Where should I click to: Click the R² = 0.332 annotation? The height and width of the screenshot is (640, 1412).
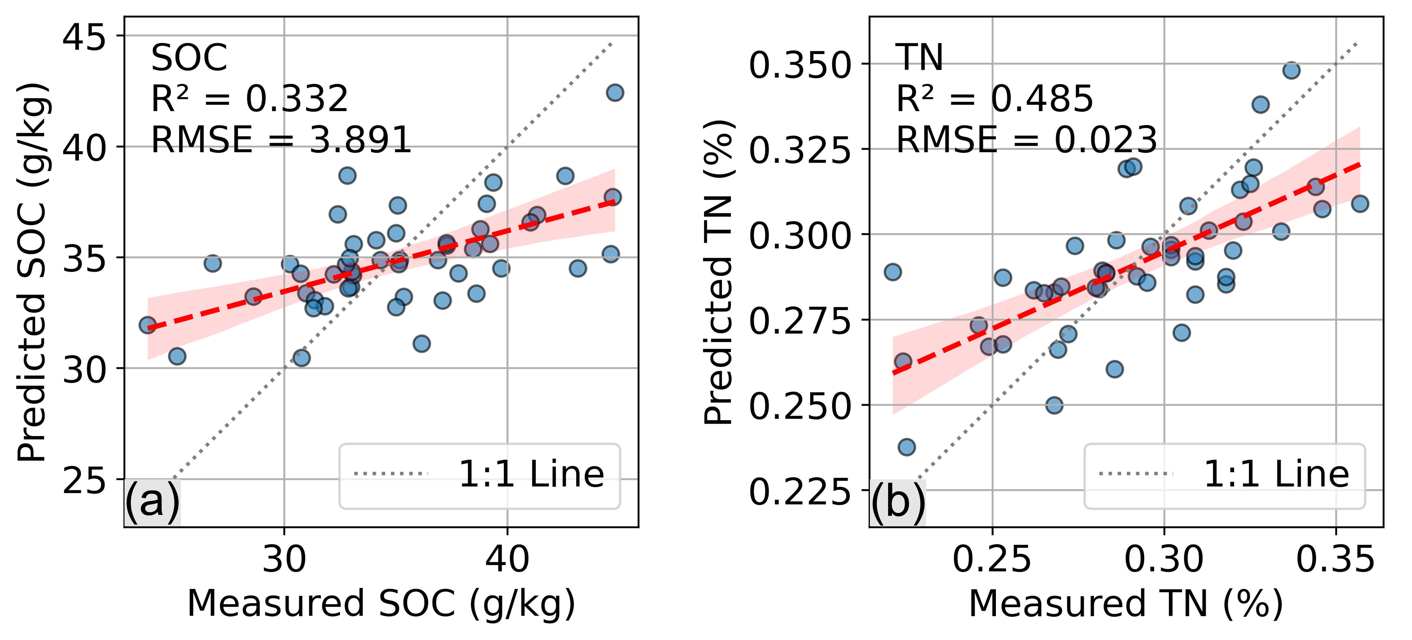tap(249, 99)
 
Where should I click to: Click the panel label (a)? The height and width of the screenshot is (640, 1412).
tap(152, 501)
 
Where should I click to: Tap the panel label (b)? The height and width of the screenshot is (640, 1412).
tap(898, 501)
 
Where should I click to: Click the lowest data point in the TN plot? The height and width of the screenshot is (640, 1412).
tap(907, 447)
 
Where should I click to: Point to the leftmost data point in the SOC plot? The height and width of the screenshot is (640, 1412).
tap(148, 325)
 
